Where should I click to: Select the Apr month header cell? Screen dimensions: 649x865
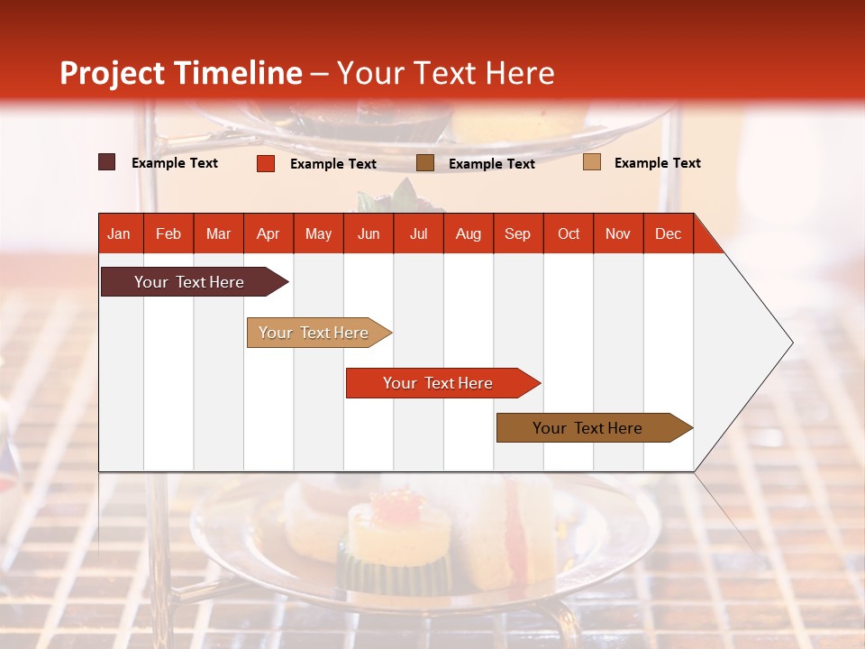tap(269, 233)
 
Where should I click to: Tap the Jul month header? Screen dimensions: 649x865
tap(418, 233)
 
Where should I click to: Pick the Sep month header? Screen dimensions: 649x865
tap(517, 233)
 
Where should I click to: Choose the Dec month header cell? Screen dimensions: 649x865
tap(668, 233)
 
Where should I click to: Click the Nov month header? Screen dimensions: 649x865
tap(618, 233)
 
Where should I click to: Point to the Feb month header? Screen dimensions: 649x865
tap(168, 233)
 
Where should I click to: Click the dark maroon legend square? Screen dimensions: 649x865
tap(107, 162)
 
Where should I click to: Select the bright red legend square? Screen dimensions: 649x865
tap(265, 163)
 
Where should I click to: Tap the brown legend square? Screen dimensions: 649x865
tap(425, 162)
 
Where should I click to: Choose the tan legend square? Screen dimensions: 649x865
tap(591, 162)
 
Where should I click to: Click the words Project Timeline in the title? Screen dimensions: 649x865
tap(180, 73)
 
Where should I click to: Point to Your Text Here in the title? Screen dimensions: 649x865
tap(446, 73)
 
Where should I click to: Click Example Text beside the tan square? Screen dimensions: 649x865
tap(657, 162)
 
